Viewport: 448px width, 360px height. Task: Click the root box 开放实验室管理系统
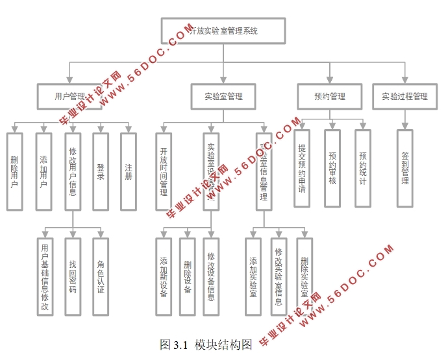coord(223,30)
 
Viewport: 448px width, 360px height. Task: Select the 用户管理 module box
coord(71,97)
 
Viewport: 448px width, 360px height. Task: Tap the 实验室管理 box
coord(223,97)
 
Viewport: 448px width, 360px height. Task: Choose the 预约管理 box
coord(329,97)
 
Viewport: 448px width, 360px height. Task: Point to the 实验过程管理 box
coord(404,97)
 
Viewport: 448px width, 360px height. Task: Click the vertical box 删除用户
coord(15,171)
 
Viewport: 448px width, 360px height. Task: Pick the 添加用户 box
coord(44,171)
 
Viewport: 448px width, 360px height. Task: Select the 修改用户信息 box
coord(73,171)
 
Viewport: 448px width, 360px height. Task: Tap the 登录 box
coord(101,171)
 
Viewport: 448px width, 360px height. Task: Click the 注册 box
coord(129,171)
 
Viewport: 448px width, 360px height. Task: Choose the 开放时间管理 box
coord(164,171)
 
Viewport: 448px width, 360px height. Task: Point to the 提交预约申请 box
coord(301,168)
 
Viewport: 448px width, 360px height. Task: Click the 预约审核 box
coord(332,168)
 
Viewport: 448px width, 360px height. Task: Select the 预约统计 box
coord(363,168)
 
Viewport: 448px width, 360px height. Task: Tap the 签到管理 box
coord(404,168)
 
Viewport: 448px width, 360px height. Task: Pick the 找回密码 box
coord(73,277)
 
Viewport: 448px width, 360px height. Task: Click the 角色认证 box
coord(101,277)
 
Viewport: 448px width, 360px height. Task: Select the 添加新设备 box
coord(164,277)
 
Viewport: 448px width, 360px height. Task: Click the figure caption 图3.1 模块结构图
coord(206,345)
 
